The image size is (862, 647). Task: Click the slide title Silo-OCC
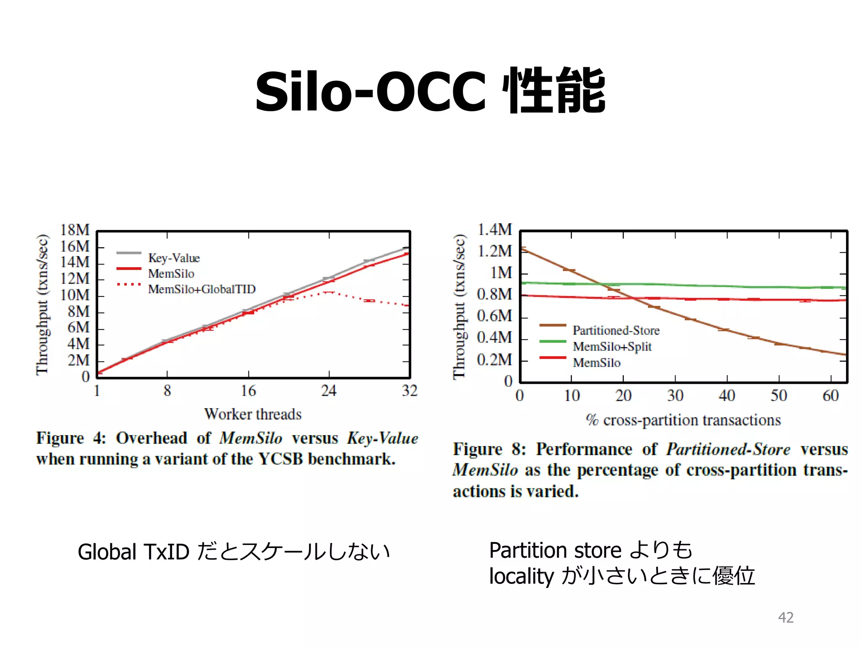(370, 92)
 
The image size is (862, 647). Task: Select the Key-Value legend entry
(173, 258)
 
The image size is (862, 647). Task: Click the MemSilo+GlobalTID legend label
(202, 289)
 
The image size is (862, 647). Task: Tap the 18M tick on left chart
(75, 230)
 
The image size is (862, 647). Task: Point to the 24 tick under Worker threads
(329, 391)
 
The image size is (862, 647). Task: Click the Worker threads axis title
(253, 414)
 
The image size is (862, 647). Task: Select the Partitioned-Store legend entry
(616, 331)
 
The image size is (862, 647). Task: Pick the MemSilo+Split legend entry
(612, 347)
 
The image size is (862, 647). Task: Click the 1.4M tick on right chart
(495, 230)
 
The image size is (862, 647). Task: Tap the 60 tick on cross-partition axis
(830, 396)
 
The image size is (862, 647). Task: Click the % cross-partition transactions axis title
(683, 420)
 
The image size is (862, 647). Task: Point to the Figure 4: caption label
(71, 438)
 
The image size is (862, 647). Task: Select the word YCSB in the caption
(280, 459)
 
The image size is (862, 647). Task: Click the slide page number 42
(786, 617)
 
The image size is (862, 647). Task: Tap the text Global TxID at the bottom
(133, 552)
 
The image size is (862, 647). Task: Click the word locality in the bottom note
(521, 576)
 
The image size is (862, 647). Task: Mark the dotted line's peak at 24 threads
(329, 292)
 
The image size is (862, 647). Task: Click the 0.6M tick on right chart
(495, 316)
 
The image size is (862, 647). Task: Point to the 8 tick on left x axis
(167, 391)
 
